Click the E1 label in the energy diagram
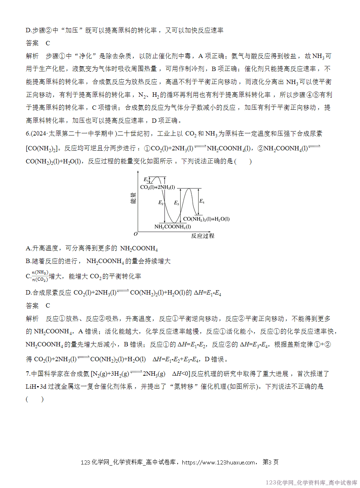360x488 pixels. pyautogui.click(x=146, y=179)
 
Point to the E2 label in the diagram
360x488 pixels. pyautogui.click(x=161, y=203)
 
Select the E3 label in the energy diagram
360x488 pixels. pyautogui.click(x=177, y=203)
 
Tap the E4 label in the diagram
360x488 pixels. pyautogui.click(x=202, y=201)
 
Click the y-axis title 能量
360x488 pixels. pyautogui.click(x=133, y=198)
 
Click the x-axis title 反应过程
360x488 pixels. pyautogui.click(x=203, y=236)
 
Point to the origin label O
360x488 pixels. pyautogui.click(x=136, y=234)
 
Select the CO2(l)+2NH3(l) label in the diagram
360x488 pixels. pyautogui.click(x=157, y=187)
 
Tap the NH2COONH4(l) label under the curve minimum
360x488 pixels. pyautogui.click(x=173, y=227)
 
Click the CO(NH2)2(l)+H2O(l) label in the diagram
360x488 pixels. pyautogui.click(x=206, y=219)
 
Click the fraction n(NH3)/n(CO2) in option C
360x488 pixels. pyautogui.click(x=40, y=276)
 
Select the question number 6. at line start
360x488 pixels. pyautogui.click(x=28, y=134)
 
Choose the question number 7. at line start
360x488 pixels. pyautogui.click(x=28, y=374)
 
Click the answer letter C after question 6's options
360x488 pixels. pyautogui.click(x=47, y=306)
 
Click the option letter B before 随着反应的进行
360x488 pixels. pyautogui.click(x=28, y=261)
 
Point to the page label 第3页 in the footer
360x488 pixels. pyautogui.click(x=270, y=462)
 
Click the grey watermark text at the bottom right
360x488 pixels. pyautogui.click(x=311, y=483)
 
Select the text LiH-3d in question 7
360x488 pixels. pyautogui.click(x=36, y=387)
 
